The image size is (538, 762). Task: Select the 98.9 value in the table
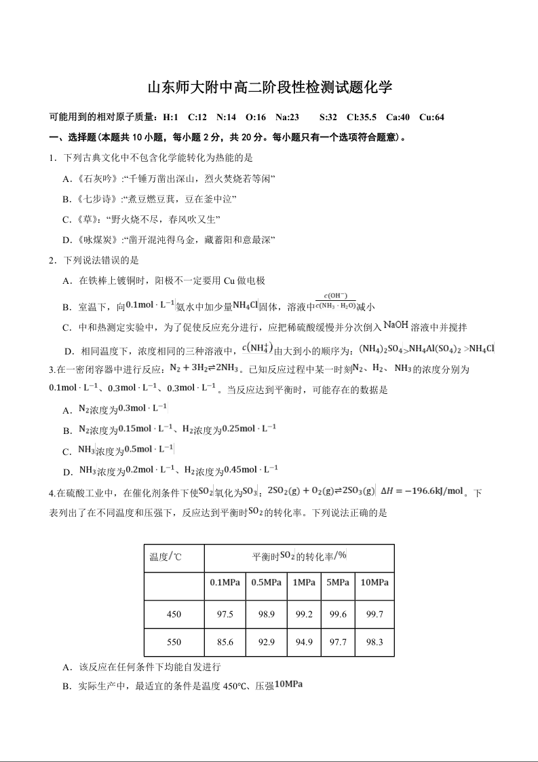tap(267, 615)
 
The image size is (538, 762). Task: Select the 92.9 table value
tap(267, 642)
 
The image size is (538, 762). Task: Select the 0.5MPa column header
tap(267, 583)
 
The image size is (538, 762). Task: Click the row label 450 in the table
tap(174, 615)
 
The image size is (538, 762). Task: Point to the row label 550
tap(174, 642)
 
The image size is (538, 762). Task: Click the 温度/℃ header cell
tap(166, 557)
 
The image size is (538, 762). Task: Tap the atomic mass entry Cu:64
tap(431, 117)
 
